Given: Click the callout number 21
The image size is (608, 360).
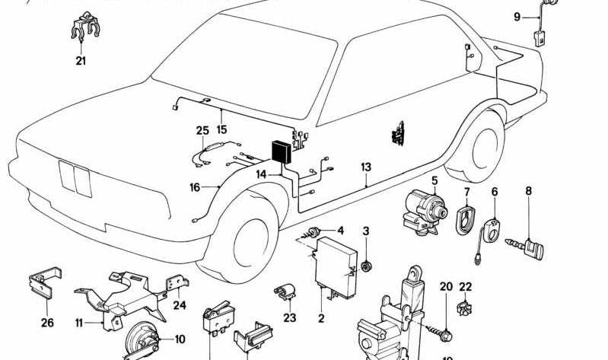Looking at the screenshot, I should (81, 61).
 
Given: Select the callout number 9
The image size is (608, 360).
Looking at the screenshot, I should (517, 16).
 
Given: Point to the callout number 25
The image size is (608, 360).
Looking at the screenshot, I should (202, 131).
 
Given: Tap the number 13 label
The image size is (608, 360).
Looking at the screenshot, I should (366, 167).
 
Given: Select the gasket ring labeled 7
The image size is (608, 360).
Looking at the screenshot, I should (463, 216).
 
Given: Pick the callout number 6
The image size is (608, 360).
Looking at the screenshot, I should (495, 192).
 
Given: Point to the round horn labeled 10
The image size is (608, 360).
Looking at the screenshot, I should (142, 339).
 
